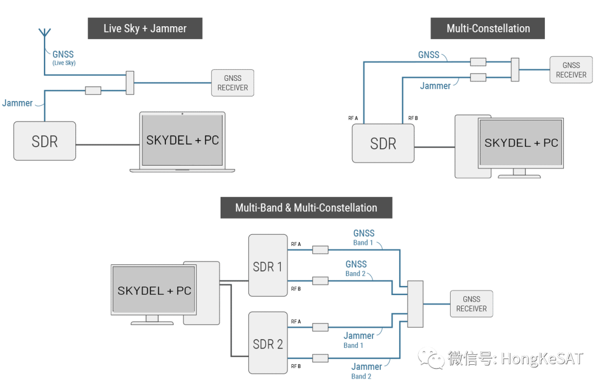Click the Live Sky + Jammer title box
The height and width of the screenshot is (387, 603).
[x=145, y=28]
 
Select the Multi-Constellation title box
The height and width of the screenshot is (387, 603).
[x=487, y=28]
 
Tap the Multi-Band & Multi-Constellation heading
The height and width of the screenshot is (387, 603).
[x=306, y=208]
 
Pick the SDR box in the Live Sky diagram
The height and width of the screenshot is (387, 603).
[x=45, y=141]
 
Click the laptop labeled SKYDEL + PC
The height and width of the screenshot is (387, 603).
[x=183, y=141]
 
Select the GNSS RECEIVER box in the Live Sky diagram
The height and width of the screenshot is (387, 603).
[x=232, y=83]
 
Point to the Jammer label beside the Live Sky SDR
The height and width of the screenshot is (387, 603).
[x=17, y=103]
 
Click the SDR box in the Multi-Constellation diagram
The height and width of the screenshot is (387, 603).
[x=383, y=143]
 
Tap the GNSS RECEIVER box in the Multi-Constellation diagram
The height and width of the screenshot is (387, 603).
[x=571, y=70]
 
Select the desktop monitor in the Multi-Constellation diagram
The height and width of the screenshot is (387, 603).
[x=520, y=143]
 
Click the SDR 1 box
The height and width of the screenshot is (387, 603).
[x=267, y=266]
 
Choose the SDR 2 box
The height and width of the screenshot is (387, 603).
[x=267, y=344]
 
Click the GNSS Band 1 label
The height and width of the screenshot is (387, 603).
[x=363, y=238]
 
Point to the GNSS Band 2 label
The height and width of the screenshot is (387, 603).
[x=356, y=268]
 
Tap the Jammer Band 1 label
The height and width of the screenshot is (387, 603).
[x=358, y=340]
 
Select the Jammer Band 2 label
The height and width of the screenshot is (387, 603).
[x=366, y=371]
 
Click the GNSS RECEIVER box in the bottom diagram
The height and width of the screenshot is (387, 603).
[x=471, y=304]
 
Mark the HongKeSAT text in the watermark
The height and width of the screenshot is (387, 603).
[x=541, y=358]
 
